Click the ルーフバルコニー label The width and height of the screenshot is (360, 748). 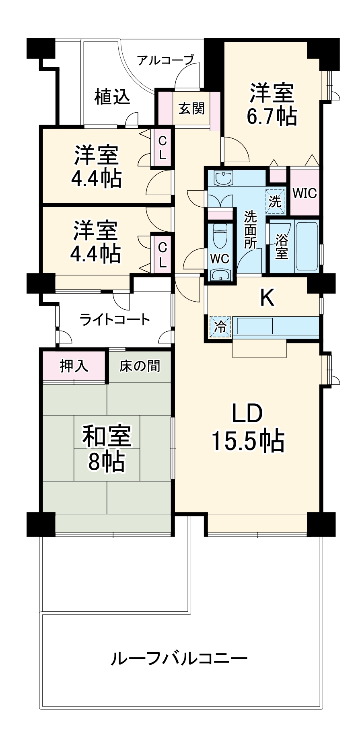pos(179,659)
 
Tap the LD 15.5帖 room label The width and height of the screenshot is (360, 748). pos(248,427)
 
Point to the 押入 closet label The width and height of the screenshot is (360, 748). pos(74,366)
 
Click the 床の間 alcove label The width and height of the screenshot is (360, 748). pos(140,366)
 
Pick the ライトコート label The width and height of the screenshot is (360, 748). pos(115,320)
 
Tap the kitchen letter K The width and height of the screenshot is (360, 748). pos(267,298)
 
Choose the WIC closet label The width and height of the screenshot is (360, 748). pos(304,193)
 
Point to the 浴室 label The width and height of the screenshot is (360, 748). pos(282,247)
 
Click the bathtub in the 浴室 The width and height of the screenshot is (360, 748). pos(307,246)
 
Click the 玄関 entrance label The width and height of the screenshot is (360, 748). pos(191,108)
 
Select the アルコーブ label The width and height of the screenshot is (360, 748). pos(165,60)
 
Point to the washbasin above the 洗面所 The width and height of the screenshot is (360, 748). pos(223,177)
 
